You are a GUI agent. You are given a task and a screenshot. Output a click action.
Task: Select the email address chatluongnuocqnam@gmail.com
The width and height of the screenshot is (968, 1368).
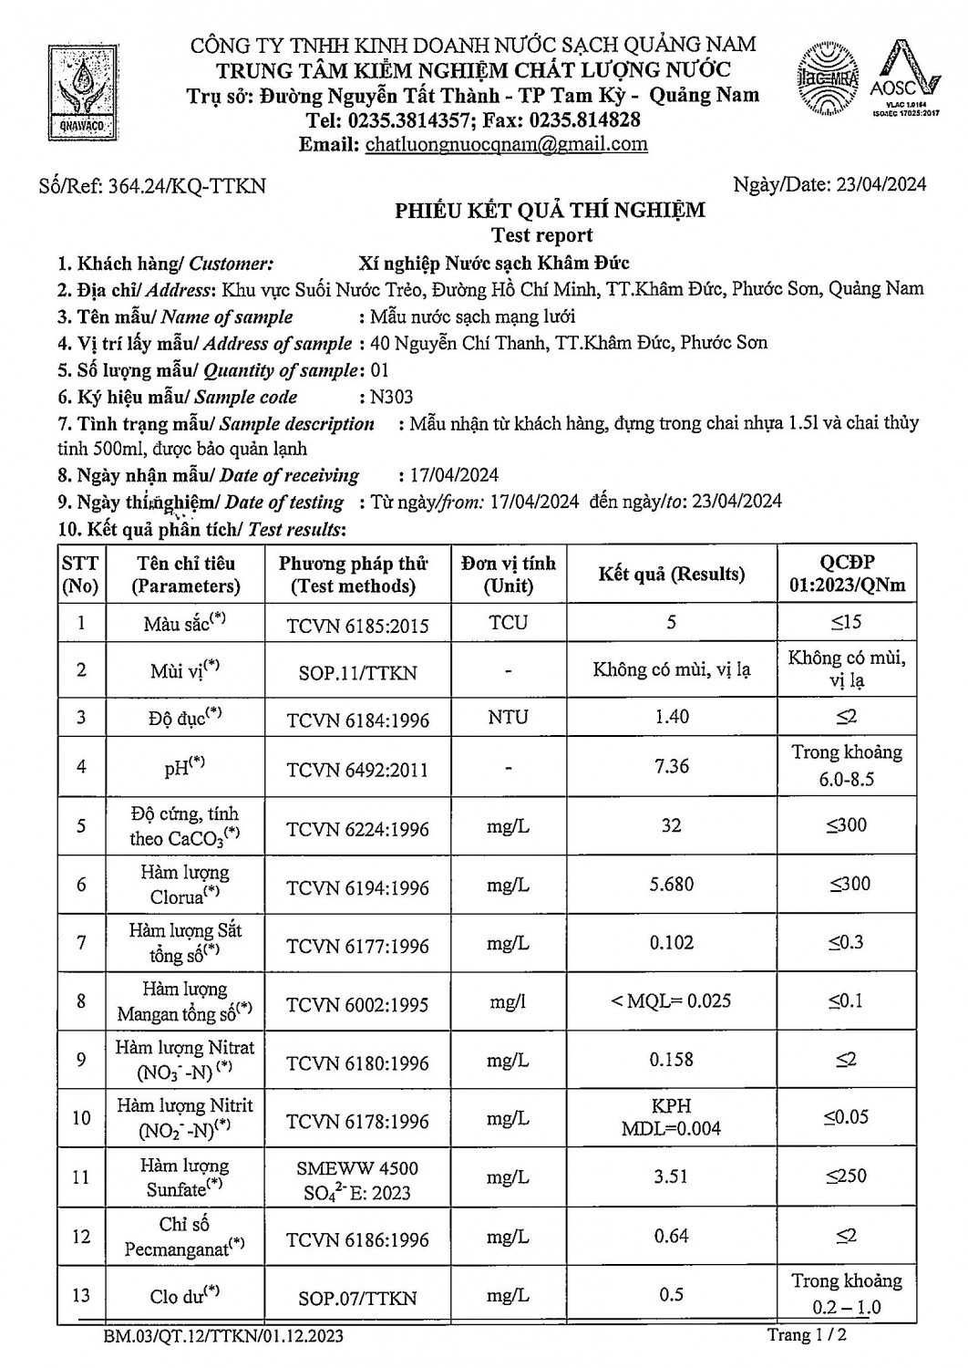(506, 144)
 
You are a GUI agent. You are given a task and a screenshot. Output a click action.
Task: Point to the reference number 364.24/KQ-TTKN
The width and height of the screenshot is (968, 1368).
(187, 186)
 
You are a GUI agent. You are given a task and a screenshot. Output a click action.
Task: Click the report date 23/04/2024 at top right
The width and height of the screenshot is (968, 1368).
(880, 184)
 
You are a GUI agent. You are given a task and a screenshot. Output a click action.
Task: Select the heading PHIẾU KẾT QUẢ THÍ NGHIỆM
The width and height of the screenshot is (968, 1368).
(550, 211)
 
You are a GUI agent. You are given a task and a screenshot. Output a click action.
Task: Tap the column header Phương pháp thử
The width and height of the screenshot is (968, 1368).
(353, 564)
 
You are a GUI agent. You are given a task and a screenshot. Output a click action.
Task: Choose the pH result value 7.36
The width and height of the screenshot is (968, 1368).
(672, 766)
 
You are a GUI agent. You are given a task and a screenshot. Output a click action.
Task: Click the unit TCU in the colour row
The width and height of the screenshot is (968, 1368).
(508, 623)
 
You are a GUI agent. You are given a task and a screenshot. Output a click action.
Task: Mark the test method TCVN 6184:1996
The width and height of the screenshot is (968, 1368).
(357, 720)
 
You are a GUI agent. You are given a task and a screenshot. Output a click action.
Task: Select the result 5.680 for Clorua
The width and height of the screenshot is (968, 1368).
(672, 884)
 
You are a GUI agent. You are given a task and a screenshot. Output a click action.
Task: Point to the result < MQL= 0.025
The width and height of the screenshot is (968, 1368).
(672, 1001)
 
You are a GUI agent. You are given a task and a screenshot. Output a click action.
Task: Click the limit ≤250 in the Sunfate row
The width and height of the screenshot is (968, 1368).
(847, 1176)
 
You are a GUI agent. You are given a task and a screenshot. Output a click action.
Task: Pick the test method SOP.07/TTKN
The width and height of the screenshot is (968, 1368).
(357, 1298)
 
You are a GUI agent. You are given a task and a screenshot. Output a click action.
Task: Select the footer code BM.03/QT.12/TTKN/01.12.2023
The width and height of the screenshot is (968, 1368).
(224, 1337)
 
